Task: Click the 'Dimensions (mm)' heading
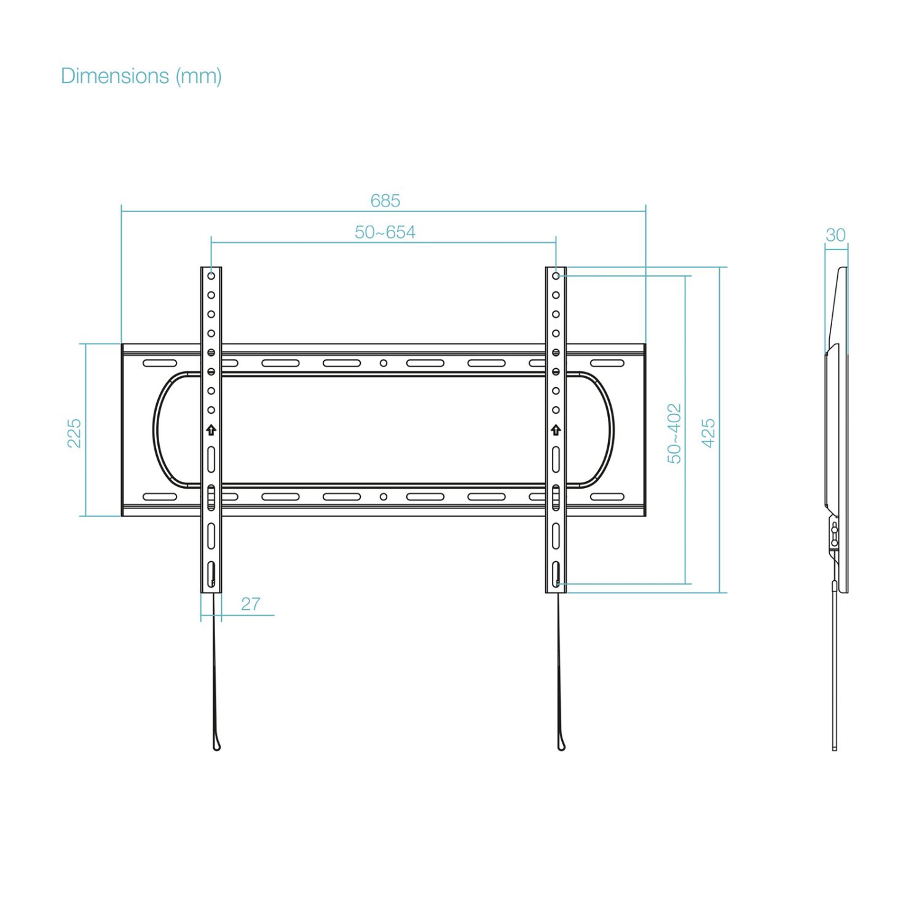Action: point(141,76)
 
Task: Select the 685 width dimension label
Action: point(385,201)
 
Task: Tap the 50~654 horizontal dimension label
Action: point(385,232)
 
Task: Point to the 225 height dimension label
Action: point(74,433)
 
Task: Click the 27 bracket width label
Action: point(250,604)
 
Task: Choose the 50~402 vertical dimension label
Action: point(674,433)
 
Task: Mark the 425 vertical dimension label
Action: point(708,433)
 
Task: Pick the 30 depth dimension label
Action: point(835,235)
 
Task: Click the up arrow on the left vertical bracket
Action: point(211,430)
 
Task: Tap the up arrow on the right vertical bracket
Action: point(556,430)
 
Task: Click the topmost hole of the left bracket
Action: point(211,276)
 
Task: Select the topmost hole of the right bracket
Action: point(556,276)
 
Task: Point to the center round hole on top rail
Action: point(384,363)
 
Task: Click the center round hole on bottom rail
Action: point(384,497)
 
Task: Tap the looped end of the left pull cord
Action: point(216,745)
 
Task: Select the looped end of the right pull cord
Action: point(561,745)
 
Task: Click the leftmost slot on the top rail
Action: point(160,363)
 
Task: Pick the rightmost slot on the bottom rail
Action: point(607,497)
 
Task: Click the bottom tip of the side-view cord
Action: point(834,747)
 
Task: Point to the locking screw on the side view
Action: point(834,535)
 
